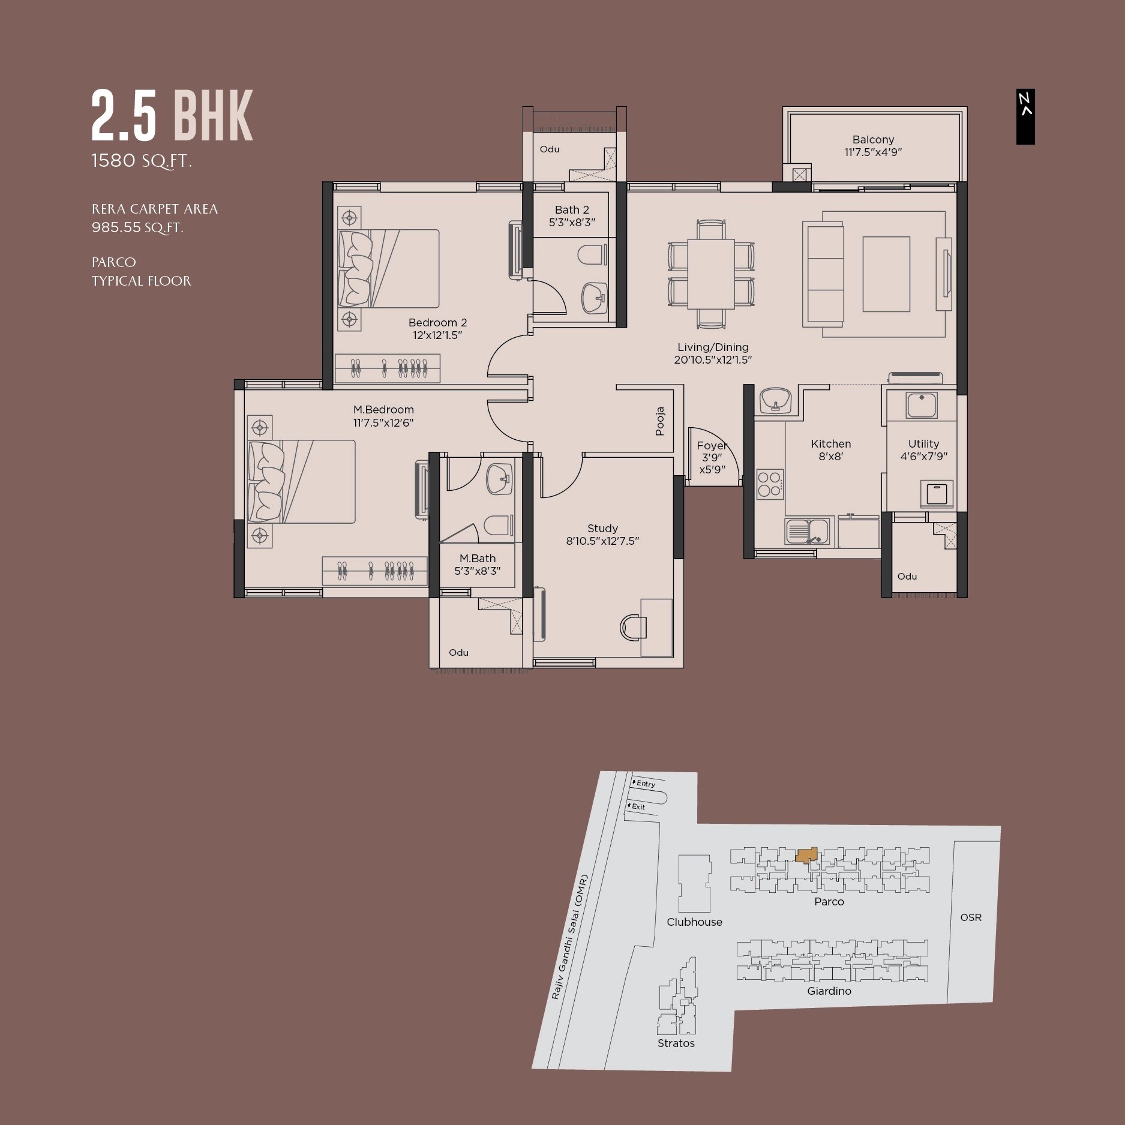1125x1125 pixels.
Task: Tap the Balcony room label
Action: coord(873,140)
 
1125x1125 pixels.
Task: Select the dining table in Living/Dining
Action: coord(711,274)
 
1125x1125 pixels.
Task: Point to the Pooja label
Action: coord(660,421)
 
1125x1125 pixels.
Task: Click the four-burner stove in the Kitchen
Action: coord(769,484)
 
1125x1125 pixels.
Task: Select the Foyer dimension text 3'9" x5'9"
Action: coord(712,463)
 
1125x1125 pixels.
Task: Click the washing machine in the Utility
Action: coord(936,494)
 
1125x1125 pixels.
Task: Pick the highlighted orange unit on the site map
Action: coord(806,854)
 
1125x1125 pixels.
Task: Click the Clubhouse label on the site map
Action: coord(694,922)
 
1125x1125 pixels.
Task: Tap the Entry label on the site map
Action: coord(646,784)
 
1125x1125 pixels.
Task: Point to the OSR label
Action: coord(970,917)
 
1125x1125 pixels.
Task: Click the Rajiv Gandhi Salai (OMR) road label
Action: coord(570,936)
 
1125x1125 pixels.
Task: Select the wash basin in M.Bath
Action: coord(499,479)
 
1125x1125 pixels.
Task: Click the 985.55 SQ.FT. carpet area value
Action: coord(137,227)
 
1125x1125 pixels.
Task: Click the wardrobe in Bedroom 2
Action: coord(388,368)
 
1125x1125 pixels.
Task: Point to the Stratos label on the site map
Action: coord(676,1043)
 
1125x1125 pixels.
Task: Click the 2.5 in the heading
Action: coord(124,116)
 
